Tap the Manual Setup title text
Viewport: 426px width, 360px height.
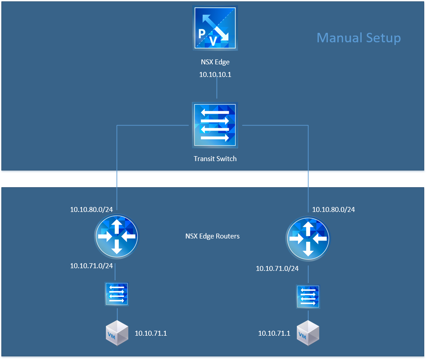pyautogui.click(x=358, y=37)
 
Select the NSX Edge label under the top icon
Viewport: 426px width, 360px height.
pyautogui.click(x=216, y=62)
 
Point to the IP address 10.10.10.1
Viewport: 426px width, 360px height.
pyautogui.click(x=215, y=74)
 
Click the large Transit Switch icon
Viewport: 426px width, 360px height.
pyautogui.click(x=215, y=125)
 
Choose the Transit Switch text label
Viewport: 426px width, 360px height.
pyautogui.click(x=215, y=158)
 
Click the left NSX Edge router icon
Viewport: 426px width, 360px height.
pyautogui.click(x=117, y=236)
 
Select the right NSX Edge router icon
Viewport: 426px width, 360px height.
pyautogui.click(x=308, y=238)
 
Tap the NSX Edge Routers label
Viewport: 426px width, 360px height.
pyautogui.click(x=213, y=236)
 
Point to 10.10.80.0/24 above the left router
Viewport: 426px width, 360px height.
pyautogui.click(x=91, y=209)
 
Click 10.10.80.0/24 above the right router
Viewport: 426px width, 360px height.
pyautogui.click(x=334, y=209)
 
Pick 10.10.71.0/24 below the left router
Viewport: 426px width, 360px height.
pyautogui.click(x=91, y=265)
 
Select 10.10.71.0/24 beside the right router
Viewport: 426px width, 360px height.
pyautogui.click(x=277, y=268)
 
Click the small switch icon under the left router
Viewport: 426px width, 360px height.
pyautogui.click(x=117, y=294)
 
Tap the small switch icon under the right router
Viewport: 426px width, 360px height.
pyautogui.click(x=308, y=297)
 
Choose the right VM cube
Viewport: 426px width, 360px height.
pyautogui.click(x=308, y=333)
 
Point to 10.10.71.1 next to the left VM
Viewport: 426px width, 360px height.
pyautogui.click(x=151, y=333)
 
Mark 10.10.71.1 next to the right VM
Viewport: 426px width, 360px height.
pyautogui.click(x=274, y=333)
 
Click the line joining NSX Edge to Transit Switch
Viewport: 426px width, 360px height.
pyautogui.click(x=217, y=90)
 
